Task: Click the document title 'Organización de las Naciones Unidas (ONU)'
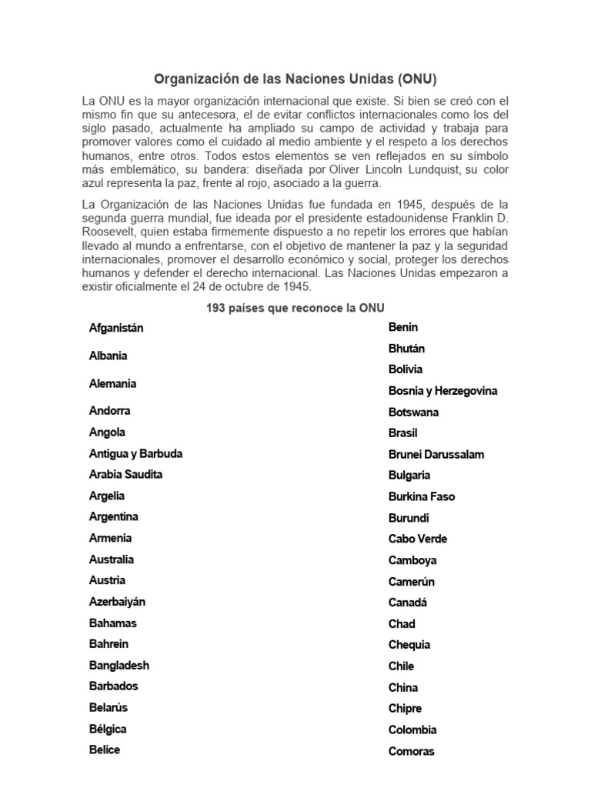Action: click(295, 79)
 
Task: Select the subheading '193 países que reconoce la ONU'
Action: click(295, 308)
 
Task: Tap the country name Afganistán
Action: click(116, 329)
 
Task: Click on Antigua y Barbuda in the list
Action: click(135, 454)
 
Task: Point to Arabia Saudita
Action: click(125, 475)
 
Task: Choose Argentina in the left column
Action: click(113, 517)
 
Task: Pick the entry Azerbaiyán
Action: click(117, 602)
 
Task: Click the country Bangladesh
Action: click(119, 666)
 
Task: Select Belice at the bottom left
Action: click(104, 750)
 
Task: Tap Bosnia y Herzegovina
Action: click(442, 391)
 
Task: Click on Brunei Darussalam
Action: click(436, 455)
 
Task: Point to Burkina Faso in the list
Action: click(421, 497)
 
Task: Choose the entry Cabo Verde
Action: click(417, 539)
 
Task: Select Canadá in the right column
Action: click(407, 603)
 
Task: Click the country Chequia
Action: click(409, 646)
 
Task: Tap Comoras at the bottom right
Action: click(411, 752)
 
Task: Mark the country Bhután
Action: click(406, 349)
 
